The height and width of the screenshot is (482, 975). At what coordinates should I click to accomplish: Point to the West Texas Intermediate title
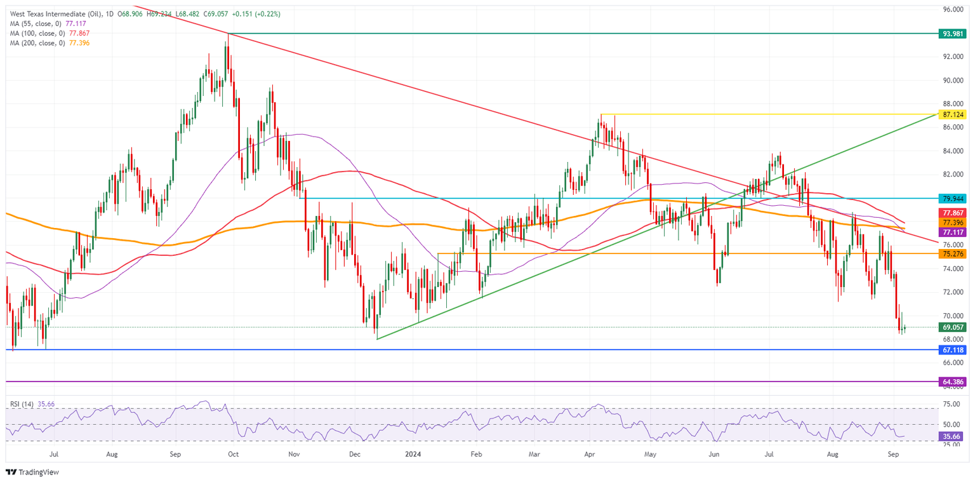tap(57, 13)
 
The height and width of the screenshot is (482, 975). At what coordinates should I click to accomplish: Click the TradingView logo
tap(32, 472)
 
